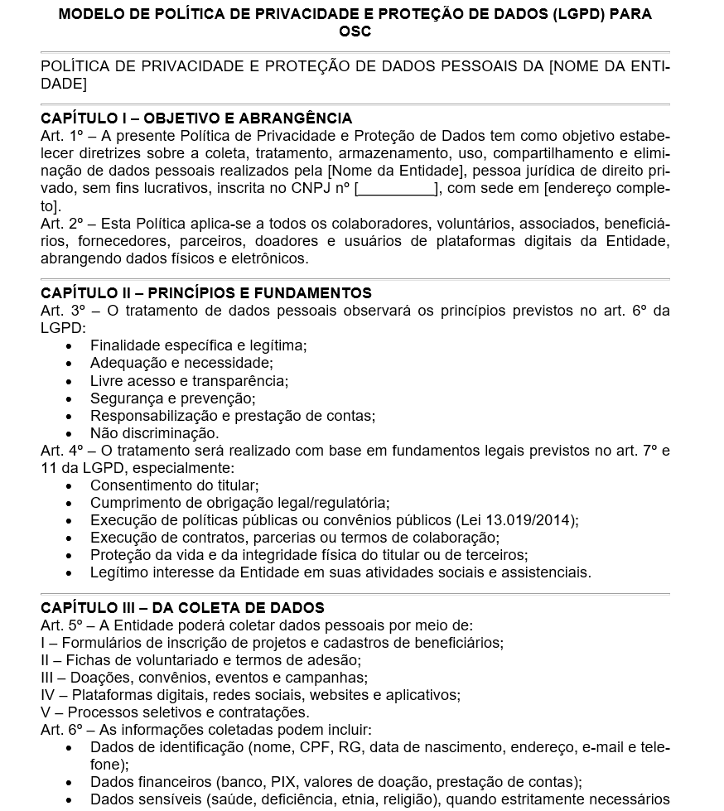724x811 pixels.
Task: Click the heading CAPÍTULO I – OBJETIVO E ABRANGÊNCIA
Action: pos(196,118)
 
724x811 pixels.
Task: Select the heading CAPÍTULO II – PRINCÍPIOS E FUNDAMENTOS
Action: pos(206,293)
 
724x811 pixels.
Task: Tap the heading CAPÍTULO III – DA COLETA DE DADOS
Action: pos(182,608)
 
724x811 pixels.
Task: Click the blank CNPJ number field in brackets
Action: pos(397,189)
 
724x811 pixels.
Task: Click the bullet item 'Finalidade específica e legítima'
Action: pos(198,345)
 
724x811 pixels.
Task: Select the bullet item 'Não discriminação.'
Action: pos(154,432)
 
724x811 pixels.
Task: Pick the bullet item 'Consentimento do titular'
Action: pos(174,485)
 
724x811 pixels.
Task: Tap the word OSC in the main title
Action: pos(355,31)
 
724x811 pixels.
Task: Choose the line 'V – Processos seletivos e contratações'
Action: pos(175,712)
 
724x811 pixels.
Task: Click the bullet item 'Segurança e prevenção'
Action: pos(172,398)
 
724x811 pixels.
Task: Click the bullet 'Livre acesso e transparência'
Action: pos(189,381)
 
